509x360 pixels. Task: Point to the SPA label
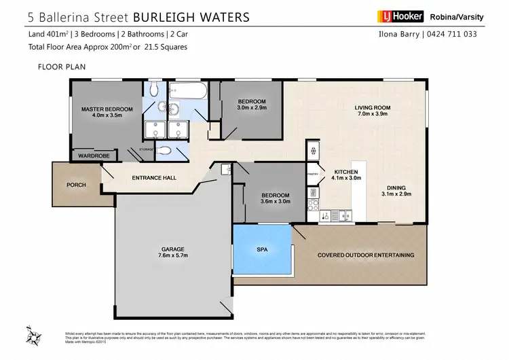pyautogui.click(x=262, y=249)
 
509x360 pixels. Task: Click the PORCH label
pyautogui.click(x=76, y=185)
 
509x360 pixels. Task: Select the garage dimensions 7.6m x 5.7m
pyautogui.click(x=173, y=255)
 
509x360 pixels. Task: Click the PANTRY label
pyautogui.click(x=312, y=175)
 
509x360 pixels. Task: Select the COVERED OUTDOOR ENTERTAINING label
pyautogui.click(x=366, y=255)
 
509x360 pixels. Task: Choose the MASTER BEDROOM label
pyautogui.click(x=107, y=109)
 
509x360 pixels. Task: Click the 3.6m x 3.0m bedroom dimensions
pyautogui.click(x=276, y=201)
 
